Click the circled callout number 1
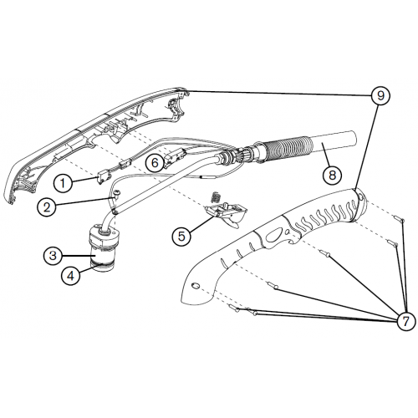point(63,183)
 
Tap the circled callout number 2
point(47,206)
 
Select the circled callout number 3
point(53,256)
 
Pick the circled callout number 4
point(71,276)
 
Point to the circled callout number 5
point(181,237)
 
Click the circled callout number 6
point(155,162)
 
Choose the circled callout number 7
point(405,321)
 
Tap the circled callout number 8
point(332,176)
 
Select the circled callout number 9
point(380,95)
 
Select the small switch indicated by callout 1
point(104,177)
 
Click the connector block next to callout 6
point(175,158)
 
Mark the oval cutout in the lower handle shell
point(274,236)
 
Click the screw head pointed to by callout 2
point(117,191)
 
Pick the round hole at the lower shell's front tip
point(196,285)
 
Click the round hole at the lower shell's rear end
point(360,196)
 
